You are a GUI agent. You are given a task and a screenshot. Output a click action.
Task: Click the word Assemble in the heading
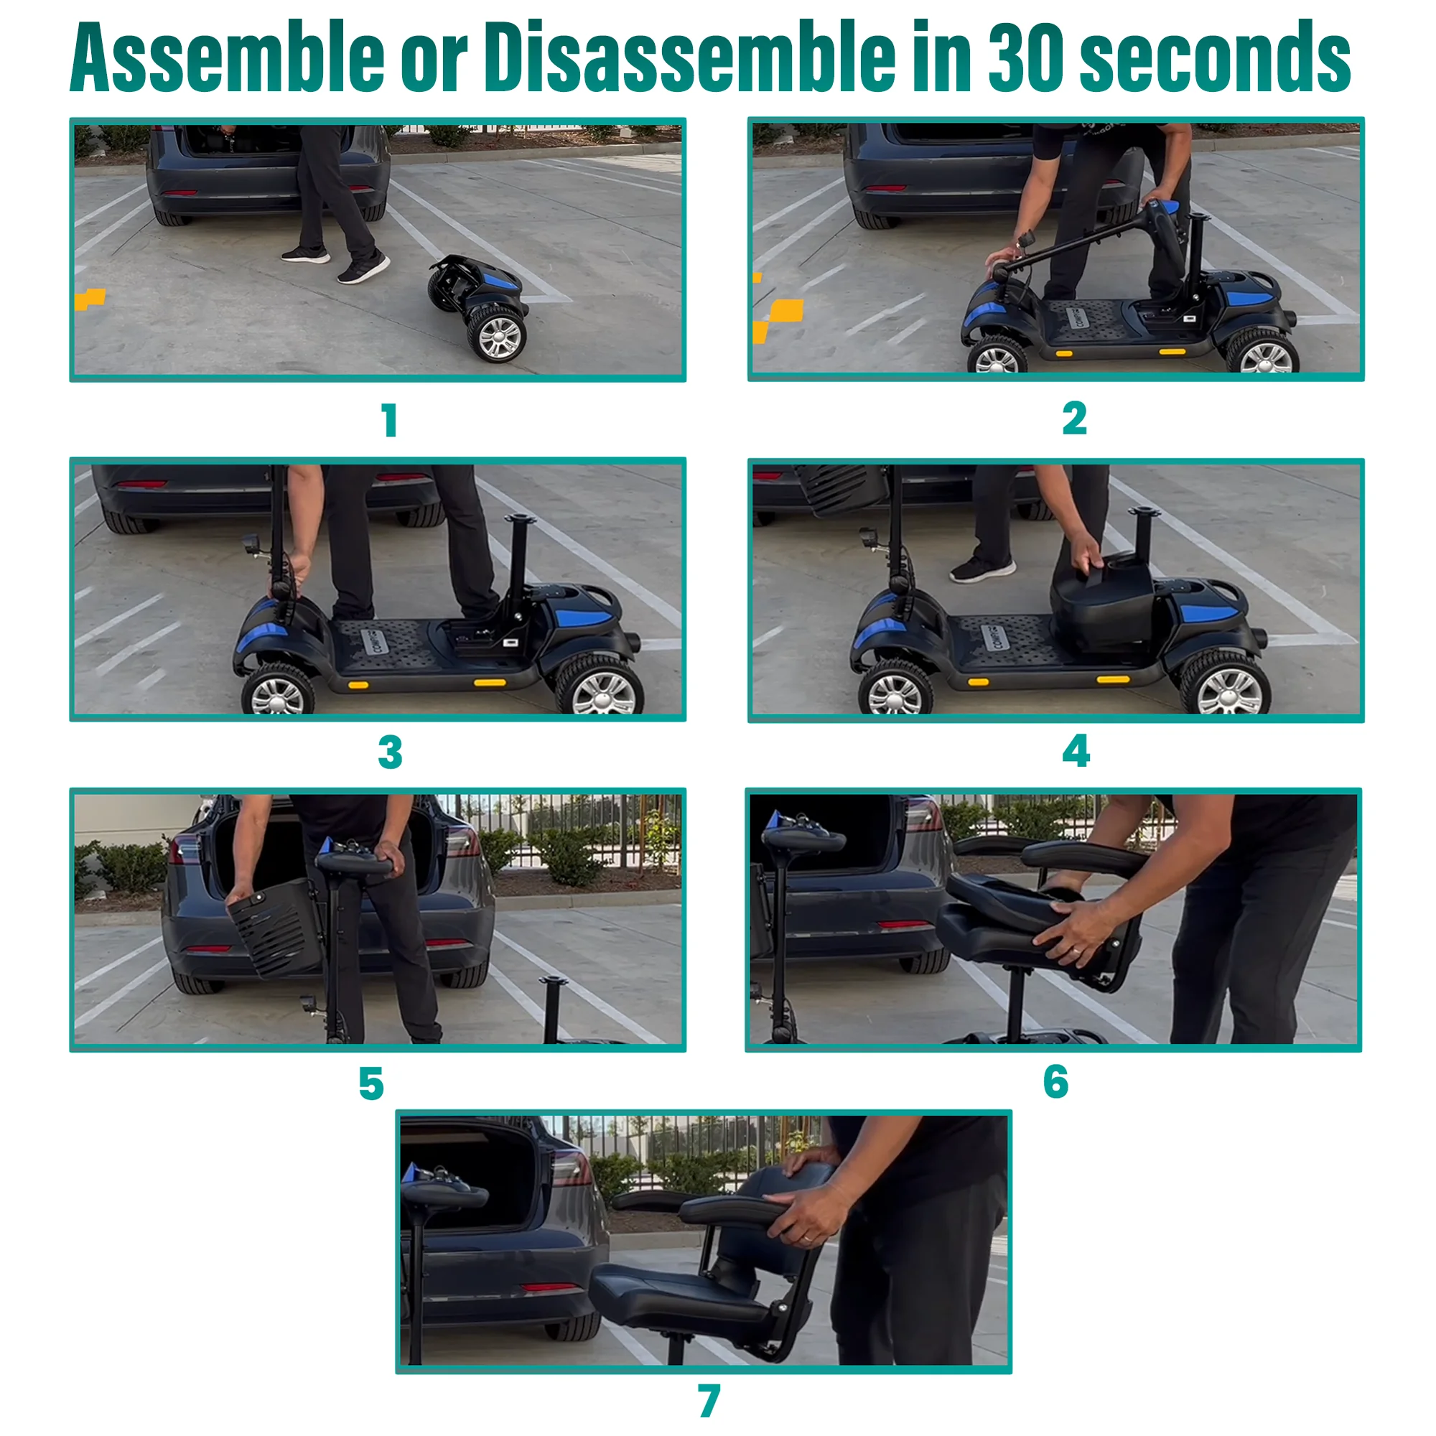click(x=227, y=58)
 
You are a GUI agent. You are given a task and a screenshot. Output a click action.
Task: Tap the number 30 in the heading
click(x=1025, y=58)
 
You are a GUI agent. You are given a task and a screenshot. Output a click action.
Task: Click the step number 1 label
click(x=389, y=421)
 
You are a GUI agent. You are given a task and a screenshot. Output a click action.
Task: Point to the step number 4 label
click(x=1076, y=751)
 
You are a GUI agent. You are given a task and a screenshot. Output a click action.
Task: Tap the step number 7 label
click(x=709, y=1401)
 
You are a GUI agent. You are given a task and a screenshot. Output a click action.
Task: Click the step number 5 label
click(x=371, y=1083)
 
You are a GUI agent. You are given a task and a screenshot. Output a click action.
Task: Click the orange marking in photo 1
click(x=90, y=299)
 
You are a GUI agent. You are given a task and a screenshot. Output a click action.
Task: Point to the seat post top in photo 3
click(x=518, y=518)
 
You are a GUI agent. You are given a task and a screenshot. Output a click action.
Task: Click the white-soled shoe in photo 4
click(x=981, y=570)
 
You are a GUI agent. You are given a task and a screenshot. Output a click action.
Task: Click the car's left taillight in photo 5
click(x=183, y=849)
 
